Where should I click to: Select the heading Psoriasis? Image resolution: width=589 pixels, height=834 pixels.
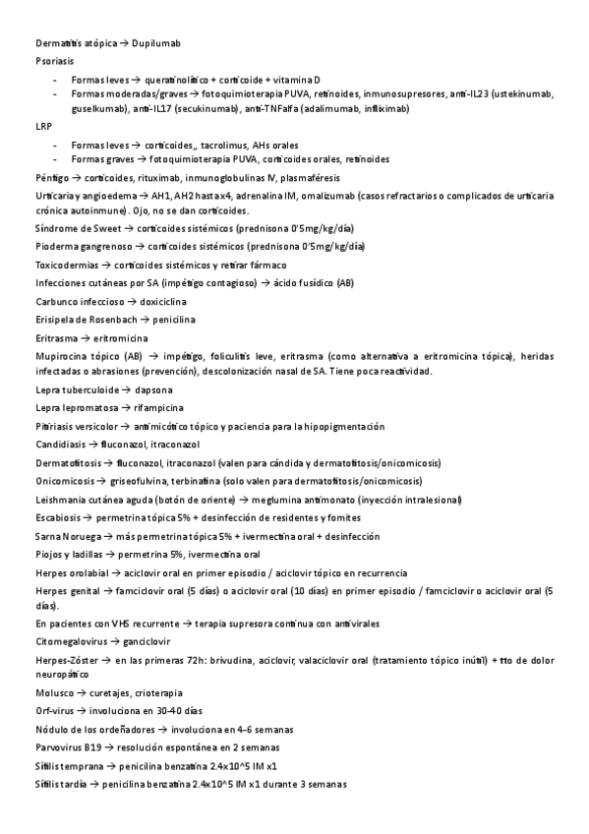pyautogui.click(x=55, y=61)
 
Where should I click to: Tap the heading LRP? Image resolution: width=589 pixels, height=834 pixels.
pyautogui.click(x=43, y=126)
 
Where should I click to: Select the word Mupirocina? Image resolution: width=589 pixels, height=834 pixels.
pyautogui.click(x=63, y=354)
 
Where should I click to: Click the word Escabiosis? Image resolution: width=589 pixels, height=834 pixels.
pyautogui.click(x=58, y=516)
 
